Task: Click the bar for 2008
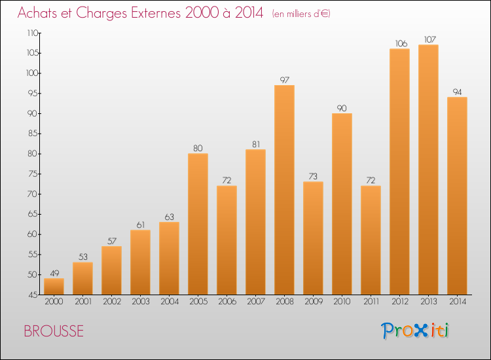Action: (x=284, y=190)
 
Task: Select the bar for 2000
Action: (x=54, y=287)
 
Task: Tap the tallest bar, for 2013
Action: (x=428, y=170)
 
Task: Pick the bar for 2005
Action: (x=198, y=224)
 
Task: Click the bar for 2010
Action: (x=342, y=204)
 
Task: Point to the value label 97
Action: (x=284, y=80)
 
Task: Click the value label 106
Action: (x=401, y=43)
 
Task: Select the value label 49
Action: (x=54, y=274)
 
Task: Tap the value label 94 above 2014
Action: (x=457, y=92)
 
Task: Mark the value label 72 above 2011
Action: (x=371, y=180)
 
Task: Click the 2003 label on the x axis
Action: (x=141, y=302)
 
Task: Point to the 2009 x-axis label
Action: (x=314, y=302)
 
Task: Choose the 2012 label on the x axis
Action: (x=400, y=302)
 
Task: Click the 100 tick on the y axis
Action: (x=32, y=73)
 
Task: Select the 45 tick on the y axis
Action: (x=33, y=295)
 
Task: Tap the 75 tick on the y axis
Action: (x=33, y=174)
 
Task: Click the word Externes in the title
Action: (x=156, y=13)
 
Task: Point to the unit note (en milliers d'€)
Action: (x=301, y=14)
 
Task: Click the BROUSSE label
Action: (x=54, y=331)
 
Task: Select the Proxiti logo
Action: (x=415, y=331)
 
